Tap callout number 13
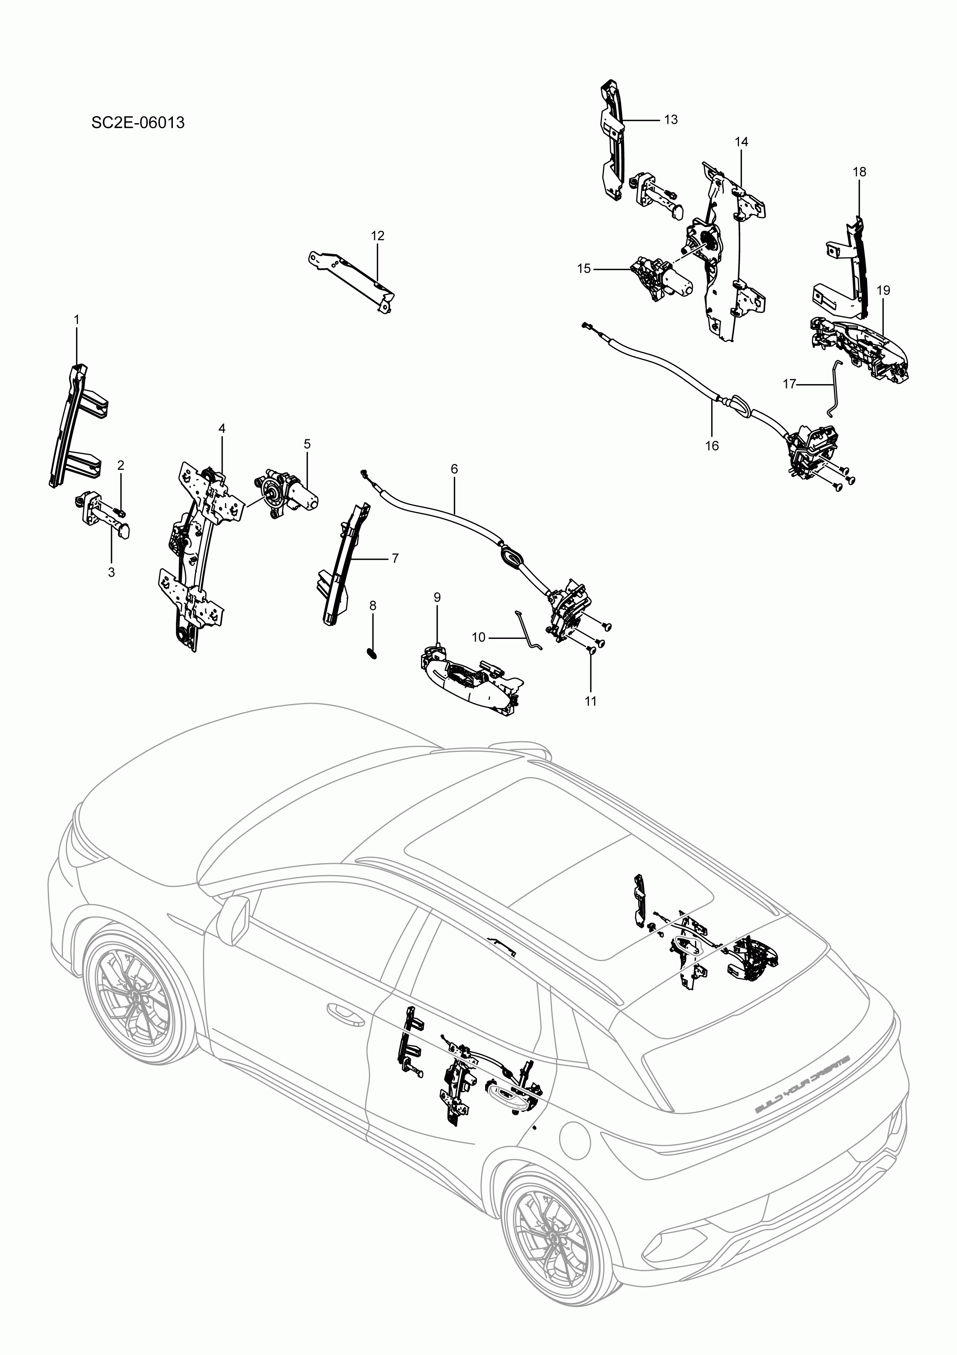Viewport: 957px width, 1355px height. pos(671,120)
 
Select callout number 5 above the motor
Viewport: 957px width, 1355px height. pos(307,444)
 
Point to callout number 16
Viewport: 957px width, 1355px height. pos(712,445)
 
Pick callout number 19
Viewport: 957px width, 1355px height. pos(883,290)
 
